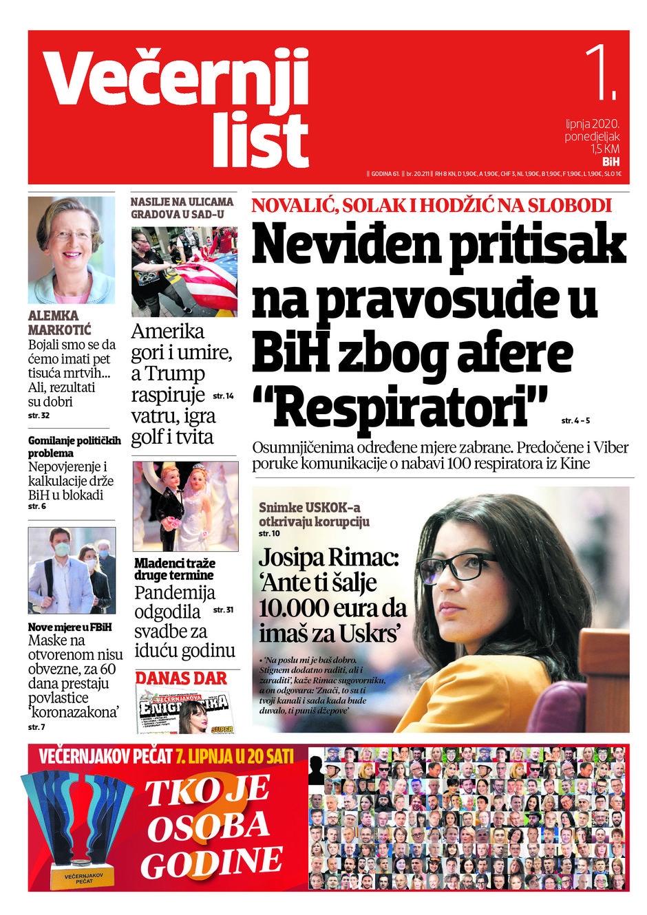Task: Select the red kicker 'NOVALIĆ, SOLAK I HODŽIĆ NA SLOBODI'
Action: tap(432, 205)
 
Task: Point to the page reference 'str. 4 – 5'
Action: tap(575, 420)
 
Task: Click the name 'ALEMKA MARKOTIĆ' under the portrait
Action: tap(60, 323)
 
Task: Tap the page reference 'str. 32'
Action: tap(39, 416)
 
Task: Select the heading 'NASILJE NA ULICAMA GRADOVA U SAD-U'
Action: tap(182, 208)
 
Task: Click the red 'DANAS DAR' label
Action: tap(181, 678)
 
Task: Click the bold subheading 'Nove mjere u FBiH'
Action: tap(70, 627)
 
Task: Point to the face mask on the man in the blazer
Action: tap(62, 550)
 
